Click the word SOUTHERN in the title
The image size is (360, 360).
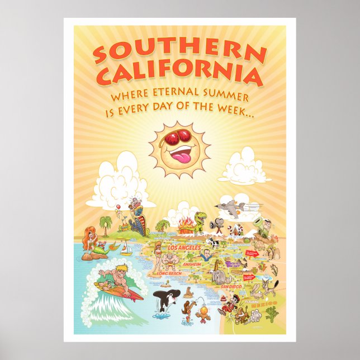pyautogui.click(x=179, y=51)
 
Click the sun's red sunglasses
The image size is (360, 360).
pyautogui.click(x=180, y=137)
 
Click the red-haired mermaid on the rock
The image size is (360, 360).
pyautogui.click(x=89, y=238)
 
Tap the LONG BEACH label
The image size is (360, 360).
pyautogui.click(x=169, y=273)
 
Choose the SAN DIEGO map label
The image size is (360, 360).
pyautogui.click(x=230, y=286)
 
